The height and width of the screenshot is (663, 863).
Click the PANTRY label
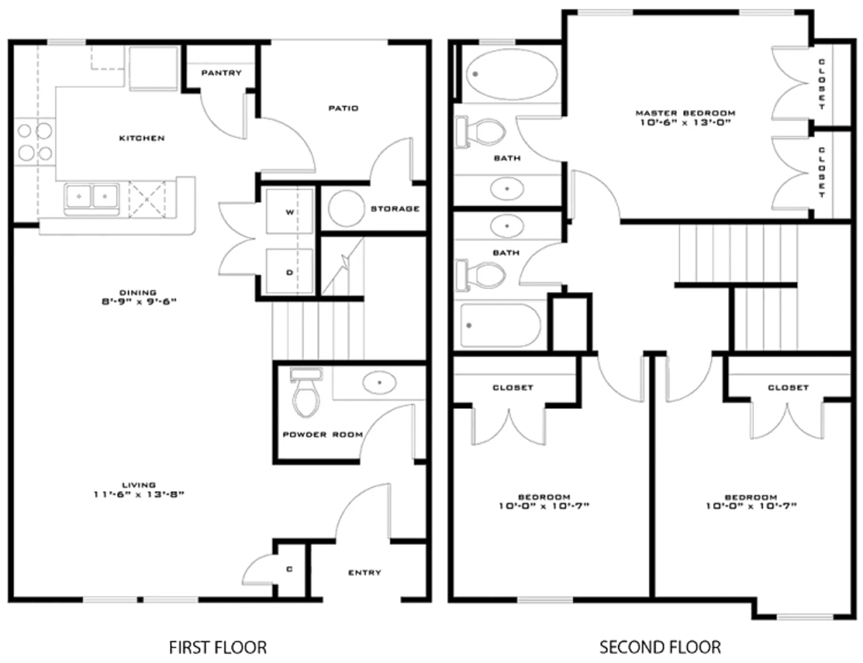tap(221, 73)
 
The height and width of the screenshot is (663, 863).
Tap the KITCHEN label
tap(142, 138)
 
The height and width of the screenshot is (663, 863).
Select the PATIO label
tap(343, 108)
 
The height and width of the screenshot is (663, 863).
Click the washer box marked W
tap(290, 212)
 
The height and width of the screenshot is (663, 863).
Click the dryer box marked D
tap(290, 272)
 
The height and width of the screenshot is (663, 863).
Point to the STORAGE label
tap(394, 209)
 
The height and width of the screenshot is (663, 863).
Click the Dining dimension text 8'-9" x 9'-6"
tap(139, 302)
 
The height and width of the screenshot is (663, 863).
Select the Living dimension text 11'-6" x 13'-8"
tap(139, 494)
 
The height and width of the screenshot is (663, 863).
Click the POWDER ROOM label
tap(323, 435)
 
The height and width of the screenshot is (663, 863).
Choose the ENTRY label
tap(364, 572)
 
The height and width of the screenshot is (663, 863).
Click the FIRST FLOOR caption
tap(218, 647)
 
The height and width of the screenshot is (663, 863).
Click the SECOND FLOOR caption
tap(660, 646)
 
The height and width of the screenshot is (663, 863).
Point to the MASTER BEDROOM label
tap(685, 113)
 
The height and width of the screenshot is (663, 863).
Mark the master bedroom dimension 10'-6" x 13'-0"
tap(686, 123)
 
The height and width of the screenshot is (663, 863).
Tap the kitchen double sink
tap(92, 196)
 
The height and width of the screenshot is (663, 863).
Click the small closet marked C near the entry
tap(290, 570)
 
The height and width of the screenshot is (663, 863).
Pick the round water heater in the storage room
tap(346, 208)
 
